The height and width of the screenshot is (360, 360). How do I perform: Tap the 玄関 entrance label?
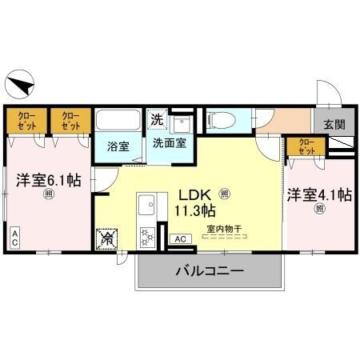point(334,124)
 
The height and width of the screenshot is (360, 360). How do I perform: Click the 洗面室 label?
point(170,144)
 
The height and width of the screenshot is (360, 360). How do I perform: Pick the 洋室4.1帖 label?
point(320,194)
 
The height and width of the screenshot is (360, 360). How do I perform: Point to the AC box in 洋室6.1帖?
point(14,238)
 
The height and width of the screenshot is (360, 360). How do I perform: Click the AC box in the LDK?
point(180,238)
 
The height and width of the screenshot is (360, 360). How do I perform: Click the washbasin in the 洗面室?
point(182,123)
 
